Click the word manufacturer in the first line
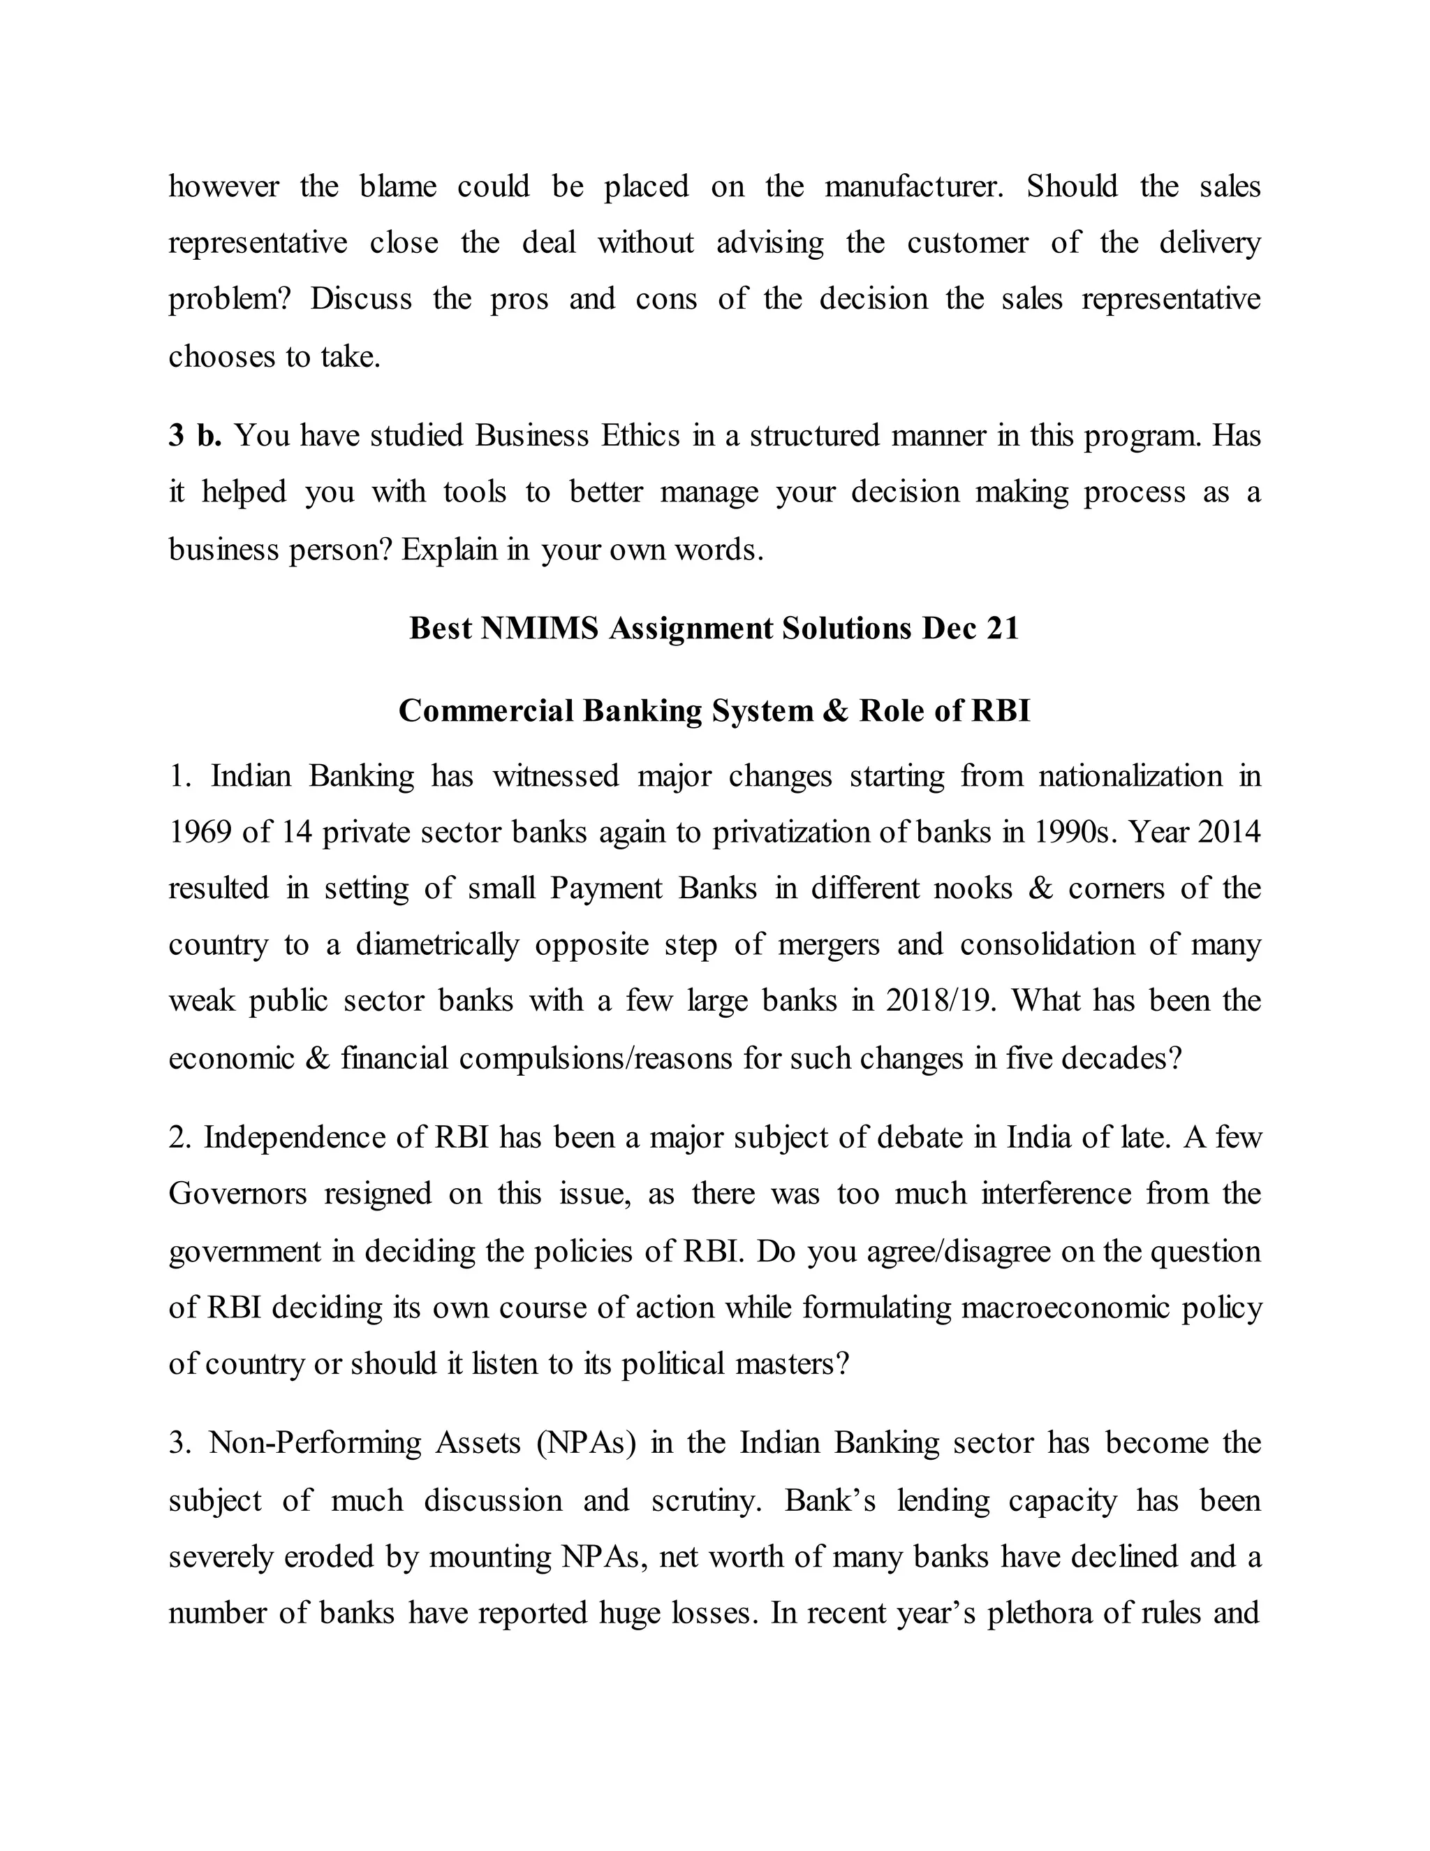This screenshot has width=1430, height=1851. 914,186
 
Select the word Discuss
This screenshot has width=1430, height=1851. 360,299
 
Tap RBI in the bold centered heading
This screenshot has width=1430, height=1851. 1000,710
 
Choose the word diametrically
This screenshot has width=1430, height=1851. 437,945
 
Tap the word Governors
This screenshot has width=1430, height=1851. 237,1194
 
